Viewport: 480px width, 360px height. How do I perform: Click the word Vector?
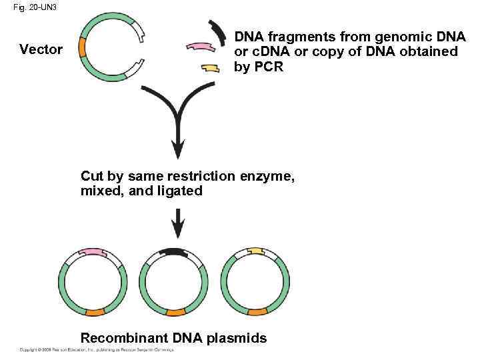41,49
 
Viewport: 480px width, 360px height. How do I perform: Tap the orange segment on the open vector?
82,48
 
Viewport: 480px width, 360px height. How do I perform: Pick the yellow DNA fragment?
210,68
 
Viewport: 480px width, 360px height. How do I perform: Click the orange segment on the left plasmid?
94,312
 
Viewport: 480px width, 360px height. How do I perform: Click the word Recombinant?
124,338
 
